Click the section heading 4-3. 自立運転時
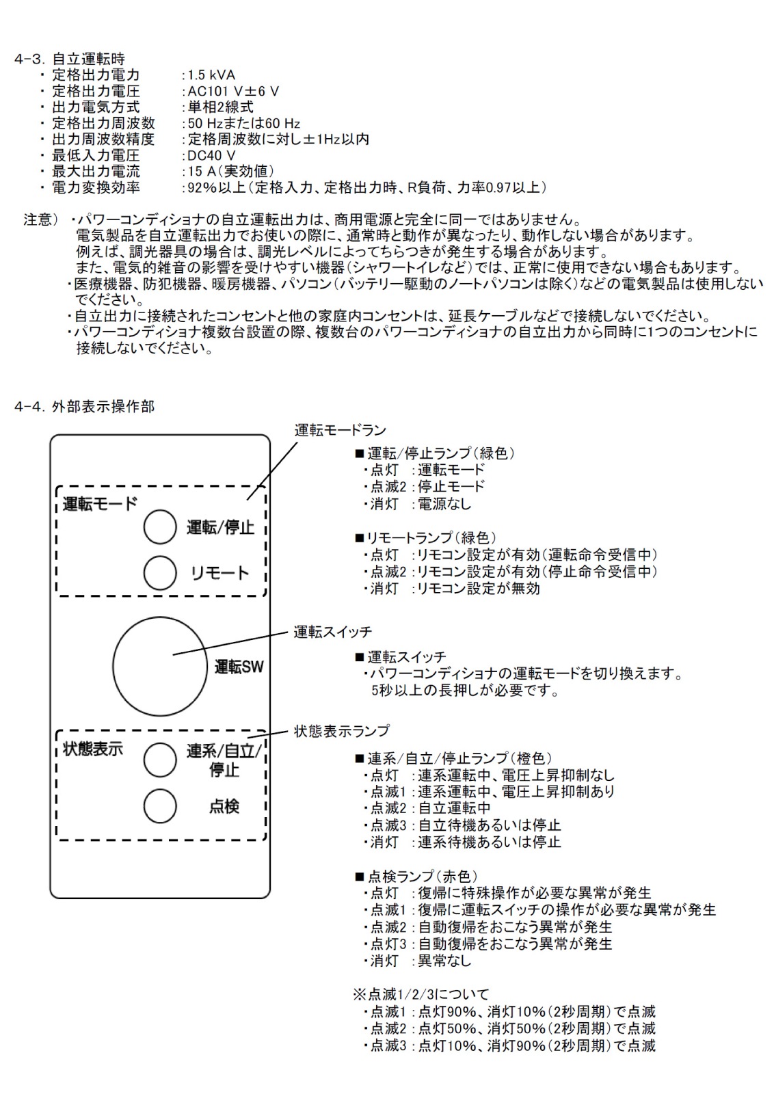click(x=70, y=59)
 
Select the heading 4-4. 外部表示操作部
click(x=85, y=406)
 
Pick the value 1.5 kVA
click(x=211, y=75)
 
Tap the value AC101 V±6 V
click(x=233, y=92)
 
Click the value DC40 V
click(x=211, y=156)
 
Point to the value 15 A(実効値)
click(x=231, y=172)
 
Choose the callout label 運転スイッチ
click(x=332, y=632)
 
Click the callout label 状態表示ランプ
click(x=342, y=731)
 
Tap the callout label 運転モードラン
click(x=340, y=430)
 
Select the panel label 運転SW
click(x=239, y=667)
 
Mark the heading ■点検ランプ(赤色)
click(x=416, y=877)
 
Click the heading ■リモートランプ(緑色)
click(x=426, y=537)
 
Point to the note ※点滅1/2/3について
click(x=421, y=994)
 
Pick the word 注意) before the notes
click(x=41, y=219)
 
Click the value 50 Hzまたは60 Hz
click(x=244, y=124)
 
